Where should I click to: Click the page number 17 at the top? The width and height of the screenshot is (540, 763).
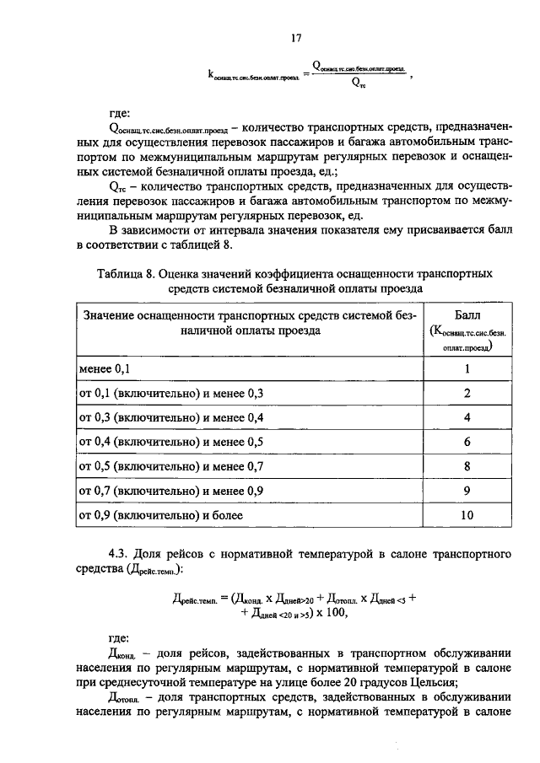[x=296, y=38]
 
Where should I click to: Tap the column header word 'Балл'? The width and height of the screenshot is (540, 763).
[x=466, y=315]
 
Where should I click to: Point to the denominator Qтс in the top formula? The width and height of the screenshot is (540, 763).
[x=358, y=83]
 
